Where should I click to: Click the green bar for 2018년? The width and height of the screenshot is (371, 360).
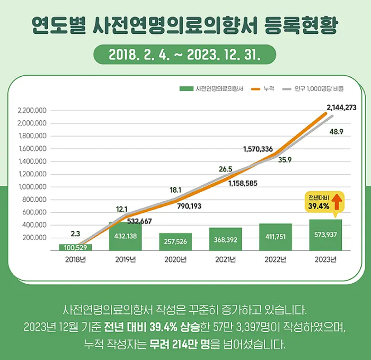pyautogui.click(x=75, y=247)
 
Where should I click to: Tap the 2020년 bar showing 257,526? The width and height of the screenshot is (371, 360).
pyautogui.click(x=175, y=241)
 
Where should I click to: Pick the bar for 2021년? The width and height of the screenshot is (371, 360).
pyautogui.click(x=225, y=239)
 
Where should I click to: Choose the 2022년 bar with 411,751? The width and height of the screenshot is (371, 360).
pyautogui.click(x=276, y=237)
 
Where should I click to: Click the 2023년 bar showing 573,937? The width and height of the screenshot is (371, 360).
pyautogui.click(x=325, y=235)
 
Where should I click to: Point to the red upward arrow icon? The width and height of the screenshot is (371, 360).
pyautogui.click(x=335, y=202)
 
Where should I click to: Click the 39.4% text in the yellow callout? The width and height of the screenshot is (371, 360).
pyautogui.click(x=319, y=206)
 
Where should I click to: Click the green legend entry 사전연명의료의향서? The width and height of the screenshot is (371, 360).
pyautogui.click(x=211, y=89)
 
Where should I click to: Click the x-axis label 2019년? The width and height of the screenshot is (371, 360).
pyautogui.click(x=126, y=259)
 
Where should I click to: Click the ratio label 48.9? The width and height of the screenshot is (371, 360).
pyautogui.click(x=336, y=131)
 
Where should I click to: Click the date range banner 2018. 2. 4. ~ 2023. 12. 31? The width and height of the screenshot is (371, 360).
pyautogui.click(x=184, y=54)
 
